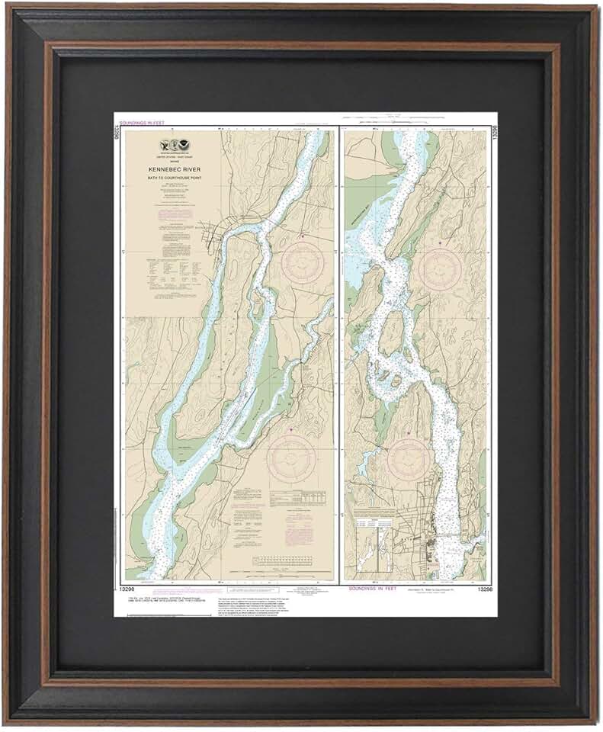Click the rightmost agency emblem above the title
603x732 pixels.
pyautogui.click(x=181, y=146)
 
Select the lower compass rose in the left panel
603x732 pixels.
pyautogui.click(x=290, y=457)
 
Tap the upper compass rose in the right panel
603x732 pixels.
pyautogui.click(x=441, y=268)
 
